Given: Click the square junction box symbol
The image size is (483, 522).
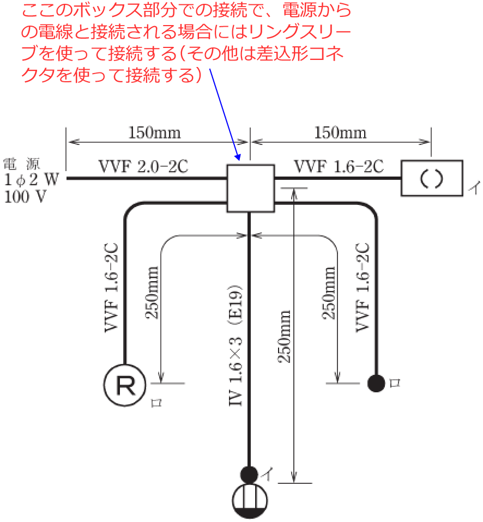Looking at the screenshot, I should point(250,188).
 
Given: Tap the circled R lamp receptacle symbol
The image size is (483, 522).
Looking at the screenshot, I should point(124,386).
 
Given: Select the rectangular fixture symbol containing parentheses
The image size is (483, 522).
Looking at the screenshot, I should point(432,178).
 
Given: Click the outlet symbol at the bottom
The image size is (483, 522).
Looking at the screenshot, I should point(250,500).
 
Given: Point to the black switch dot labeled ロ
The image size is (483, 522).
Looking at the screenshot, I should point(376,384).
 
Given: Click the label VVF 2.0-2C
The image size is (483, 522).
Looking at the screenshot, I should point(143,166).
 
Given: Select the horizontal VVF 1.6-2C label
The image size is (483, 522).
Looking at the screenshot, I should point(339,166).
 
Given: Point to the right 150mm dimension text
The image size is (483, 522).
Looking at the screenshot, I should point(340,132).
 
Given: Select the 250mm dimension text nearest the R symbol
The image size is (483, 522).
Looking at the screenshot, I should point(153,293).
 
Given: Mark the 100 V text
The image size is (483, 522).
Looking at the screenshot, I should point(25,197).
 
